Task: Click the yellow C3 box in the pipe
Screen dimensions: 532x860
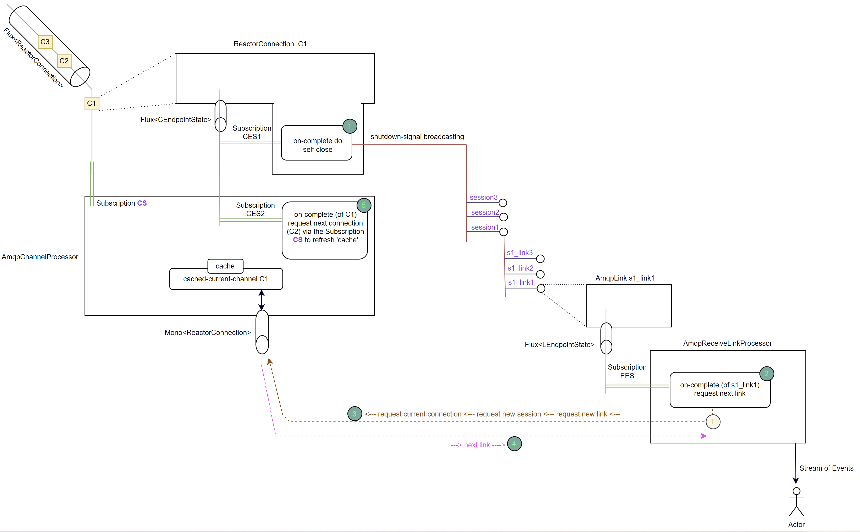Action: coord(45,42)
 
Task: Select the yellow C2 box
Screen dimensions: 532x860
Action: coord(64,61)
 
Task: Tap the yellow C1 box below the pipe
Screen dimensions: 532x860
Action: coord(92,103)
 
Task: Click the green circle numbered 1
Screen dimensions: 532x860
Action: coord(349,126)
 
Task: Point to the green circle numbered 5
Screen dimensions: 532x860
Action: coord(364,205)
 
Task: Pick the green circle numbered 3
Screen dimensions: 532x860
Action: coord(354,414)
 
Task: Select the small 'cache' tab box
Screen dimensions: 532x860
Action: coord(225,266)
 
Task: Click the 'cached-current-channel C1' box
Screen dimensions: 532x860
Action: coord(226,279)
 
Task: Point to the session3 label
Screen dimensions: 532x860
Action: coord(484,198)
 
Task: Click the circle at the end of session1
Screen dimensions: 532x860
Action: coord(503,232)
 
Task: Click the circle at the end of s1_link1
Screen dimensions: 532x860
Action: coord(541,288)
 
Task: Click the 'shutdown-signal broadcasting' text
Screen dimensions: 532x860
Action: coord(417,136)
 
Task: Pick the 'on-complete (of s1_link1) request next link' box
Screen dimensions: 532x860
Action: coord(719,390)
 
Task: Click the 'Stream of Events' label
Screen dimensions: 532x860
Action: coord(826,468)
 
